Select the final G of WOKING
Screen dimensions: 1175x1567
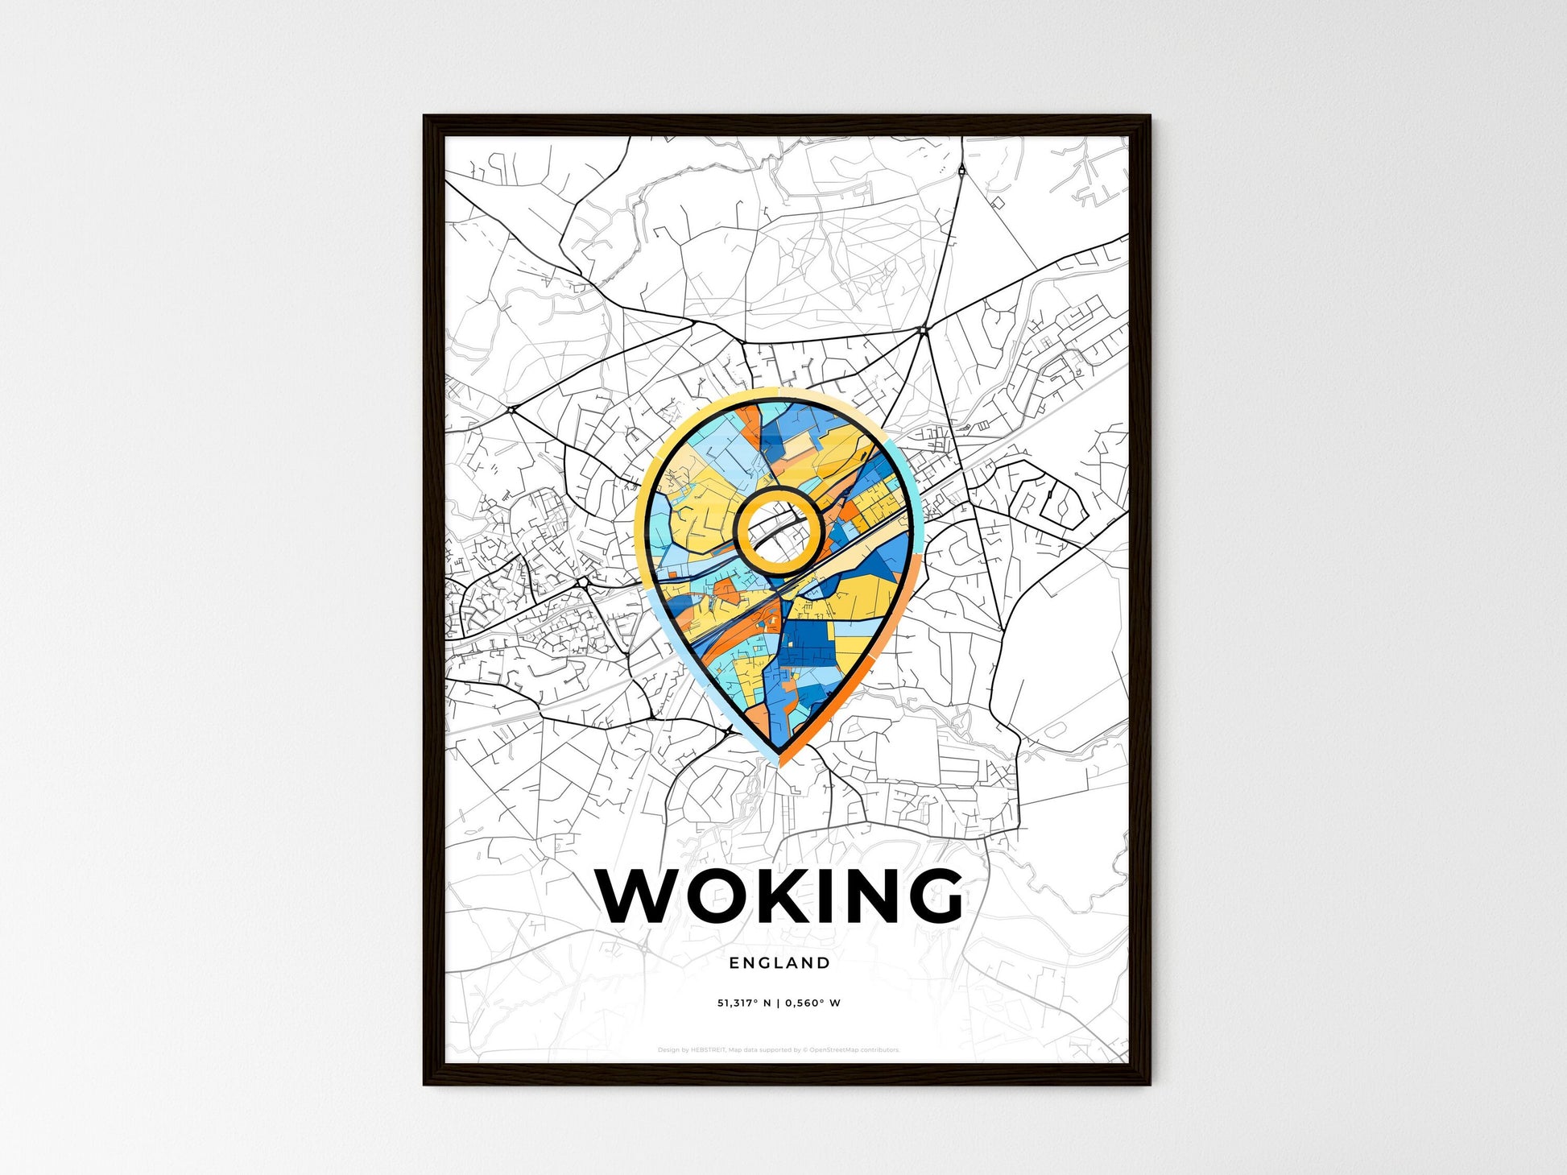coord(932,896)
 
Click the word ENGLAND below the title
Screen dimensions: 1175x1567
coord(779,962)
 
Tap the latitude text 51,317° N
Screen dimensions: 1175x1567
coord(744,1003)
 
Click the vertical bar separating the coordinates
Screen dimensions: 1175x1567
coord(779,1003)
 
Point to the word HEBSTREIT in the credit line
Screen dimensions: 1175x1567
coord(709,1050)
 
